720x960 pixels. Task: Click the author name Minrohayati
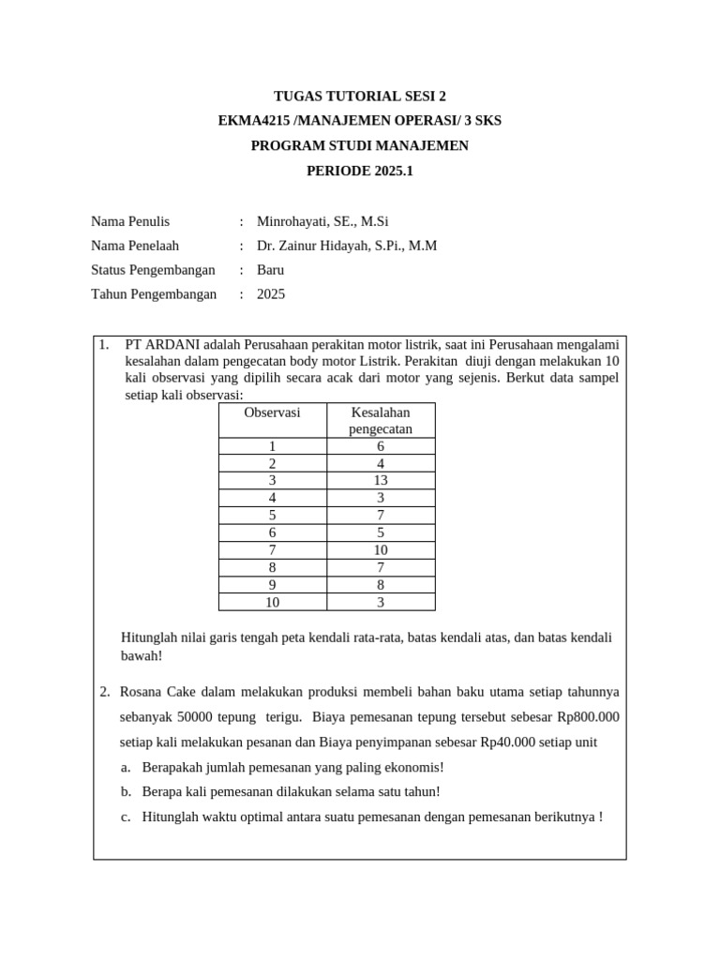click(x=292, y=221)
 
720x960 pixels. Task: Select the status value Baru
click(x=270, y=270)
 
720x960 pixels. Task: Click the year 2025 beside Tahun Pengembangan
click(x=271, y=294)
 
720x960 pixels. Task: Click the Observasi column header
click(x=272, y=412)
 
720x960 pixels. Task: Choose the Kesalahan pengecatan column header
click(x=380, y=421)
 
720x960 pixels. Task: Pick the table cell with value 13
click(x=380, y=480)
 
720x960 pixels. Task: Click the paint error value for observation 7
click(x=380, y=549)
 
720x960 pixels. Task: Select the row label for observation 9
click(x=272, y=584)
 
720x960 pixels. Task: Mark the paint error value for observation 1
click(x=380, y=446)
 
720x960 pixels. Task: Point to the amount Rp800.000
click(x=588, y=717)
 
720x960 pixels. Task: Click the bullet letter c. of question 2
click(x=126, y=817)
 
